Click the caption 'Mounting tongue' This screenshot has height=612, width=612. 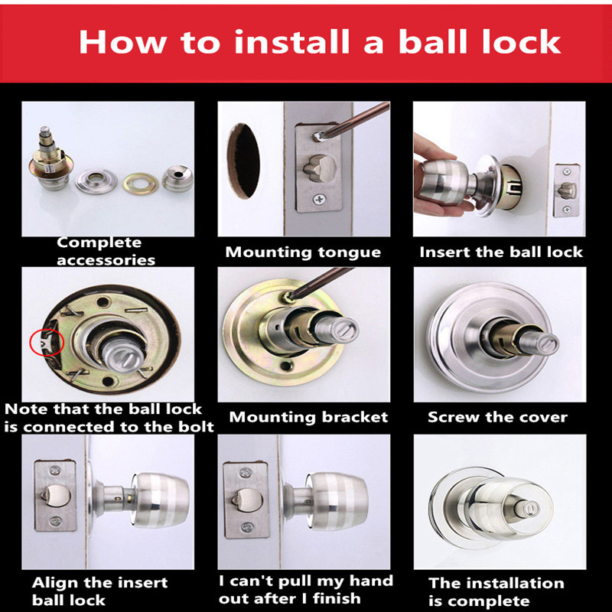coord(303,252)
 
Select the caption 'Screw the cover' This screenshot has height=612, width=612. coord(497,417)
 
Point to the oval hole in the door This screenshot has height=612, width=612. coord(243,161)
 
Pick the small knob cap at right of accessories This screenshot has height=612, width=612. coord(177,178)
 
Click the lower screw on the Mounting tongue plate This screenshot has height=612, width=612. coord(319,200)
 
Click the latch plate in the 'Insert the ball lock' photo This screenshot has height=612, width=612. coord(566,190)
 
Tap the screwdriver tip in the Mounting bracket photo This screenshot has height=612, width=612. coord(289,297)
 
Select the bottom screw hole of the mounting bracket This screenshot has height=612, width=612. coord(286,366)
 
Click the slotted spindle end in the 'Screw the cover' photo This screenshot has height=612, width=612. coord(543,343)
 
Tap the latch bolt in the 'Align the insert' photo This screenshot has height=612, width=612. coord(56,496)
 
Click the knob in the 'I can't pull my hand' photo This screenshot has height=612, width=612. coord(337,501)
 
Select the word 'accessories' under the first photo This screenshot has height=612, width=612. coord(106,260)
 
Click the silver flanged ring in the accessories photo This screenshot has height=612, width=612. coord(96,181)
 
